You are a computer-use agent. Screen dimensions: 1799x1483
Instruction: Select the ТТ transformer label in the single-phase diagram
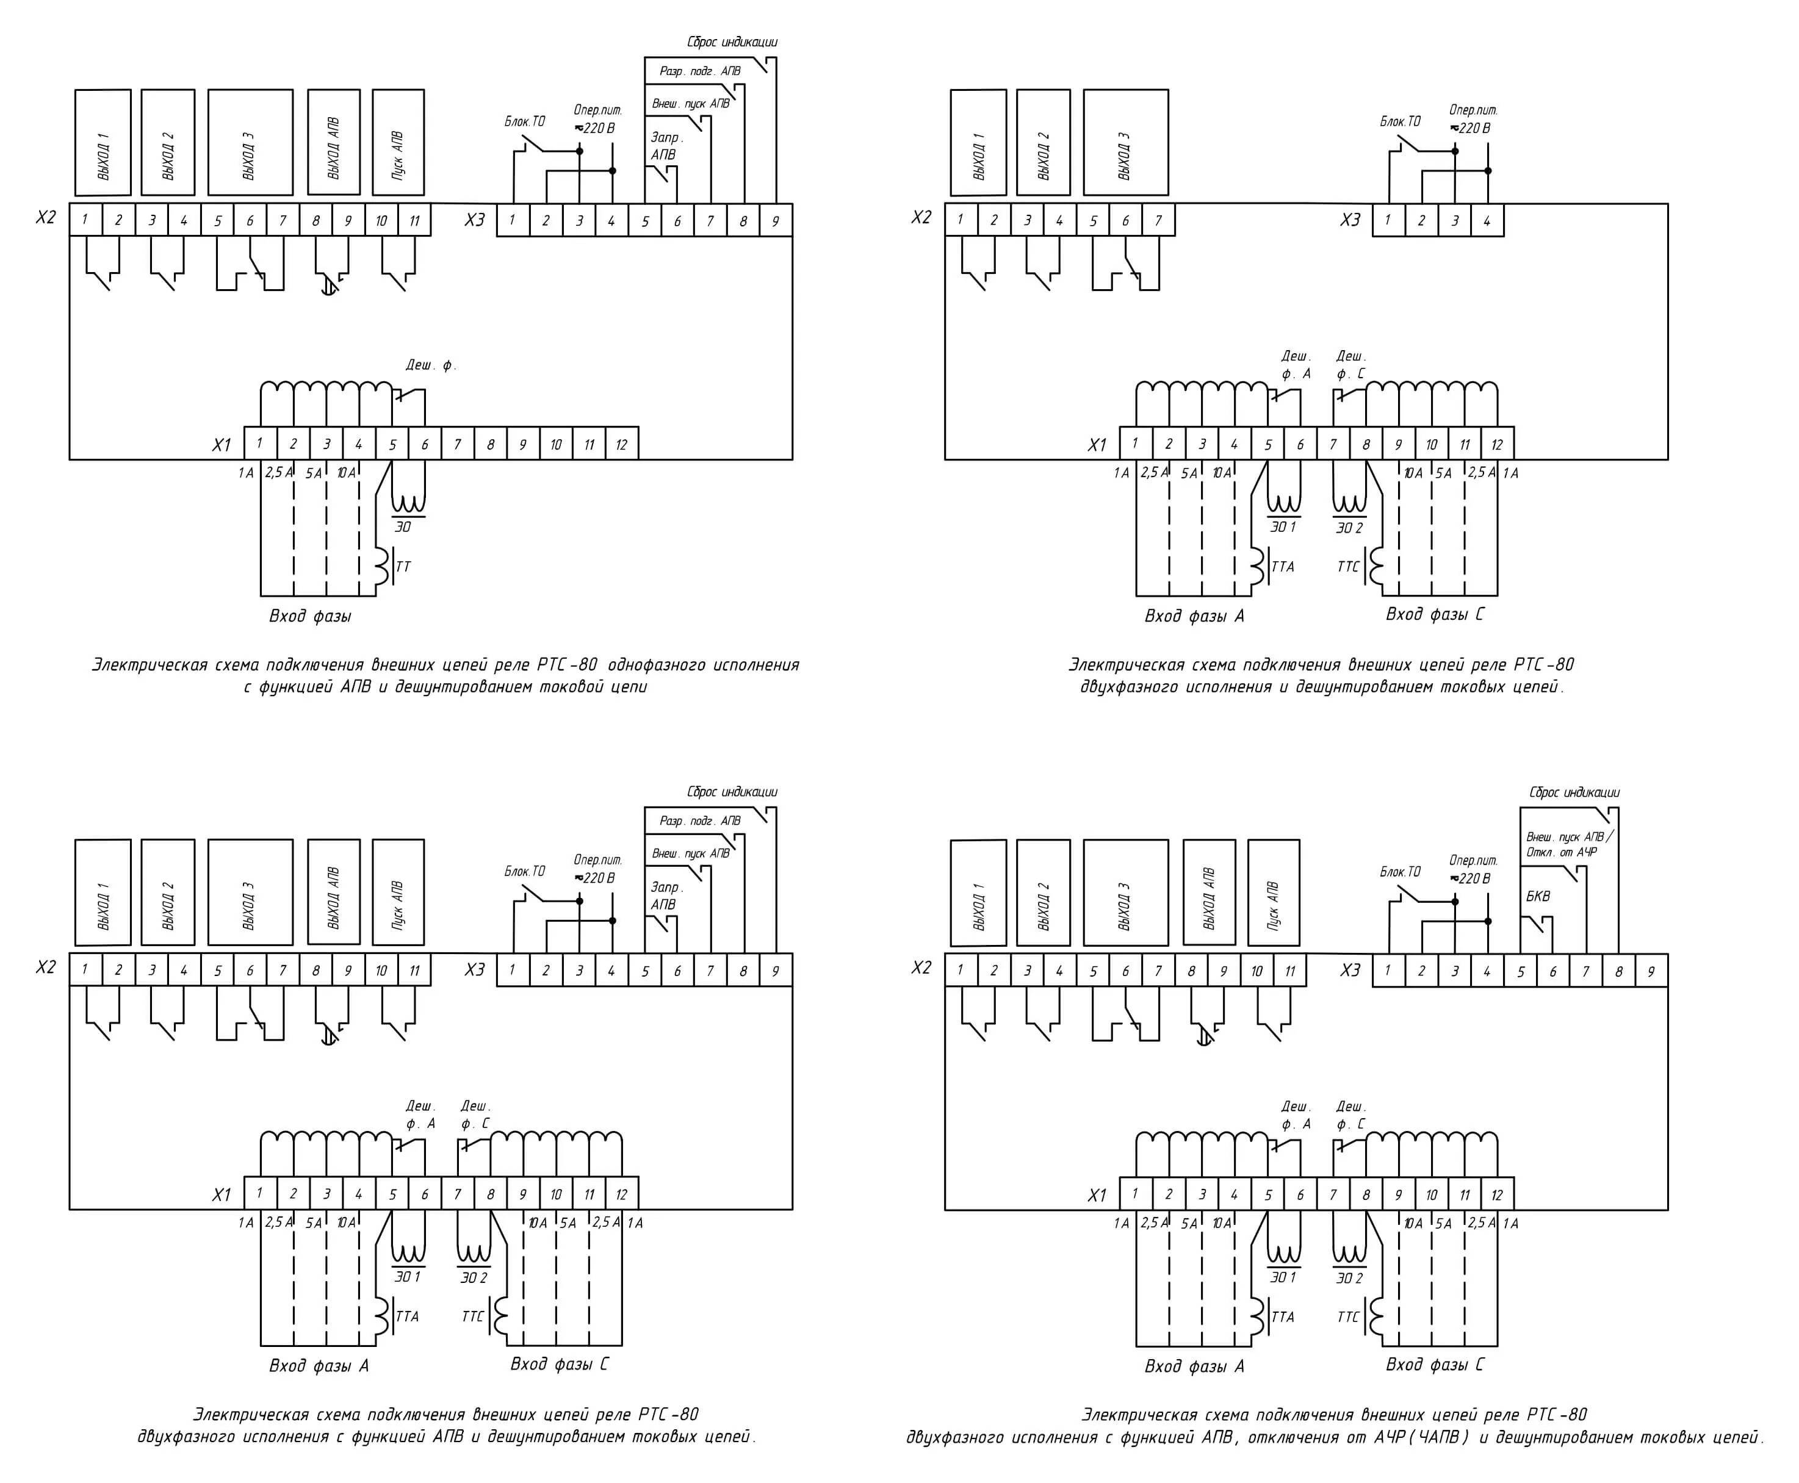click(x=403, y=566)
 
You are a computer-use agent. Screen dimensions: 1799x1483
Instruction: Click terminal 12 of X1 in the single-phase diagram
click(x=621, y=444)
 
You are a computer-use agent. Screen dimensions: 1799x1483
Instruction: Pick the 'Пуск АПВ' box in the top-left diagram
click(x=398, y=143)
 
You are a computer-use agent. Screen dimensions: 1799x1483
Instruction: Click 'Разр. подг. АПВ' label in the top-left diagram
click(x=700, y=71)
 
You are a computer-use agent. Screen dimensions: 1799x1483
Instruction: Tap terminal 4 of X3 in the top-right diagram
click(x=1487, y=220)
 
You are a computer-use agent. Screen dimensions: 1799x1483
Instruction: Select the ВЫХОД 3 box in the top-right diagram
click(x=1125, y=143)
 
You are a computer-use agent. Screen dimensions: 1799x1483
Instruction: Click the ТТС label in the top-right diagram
click(x=1348, y=566)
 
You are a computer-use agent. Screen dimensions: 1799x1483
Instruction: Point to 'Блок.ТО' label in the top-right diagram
click(x=1400, y=121)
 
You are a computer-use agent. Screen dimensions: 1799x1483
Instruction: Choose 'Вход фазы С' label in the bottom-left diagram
click(x=559, y=1364)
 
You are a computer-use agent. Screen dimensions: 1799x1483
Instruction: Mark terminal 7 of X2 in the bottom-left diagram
click(x=283, y=971)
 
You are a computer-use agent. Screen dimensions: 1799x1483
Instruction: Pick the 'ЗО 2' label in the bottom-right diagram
click(x=1349, y=1278)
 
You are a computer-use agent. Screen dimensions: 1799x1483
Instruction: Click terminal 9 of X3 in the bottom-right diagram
click(x=1651, y=971)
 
